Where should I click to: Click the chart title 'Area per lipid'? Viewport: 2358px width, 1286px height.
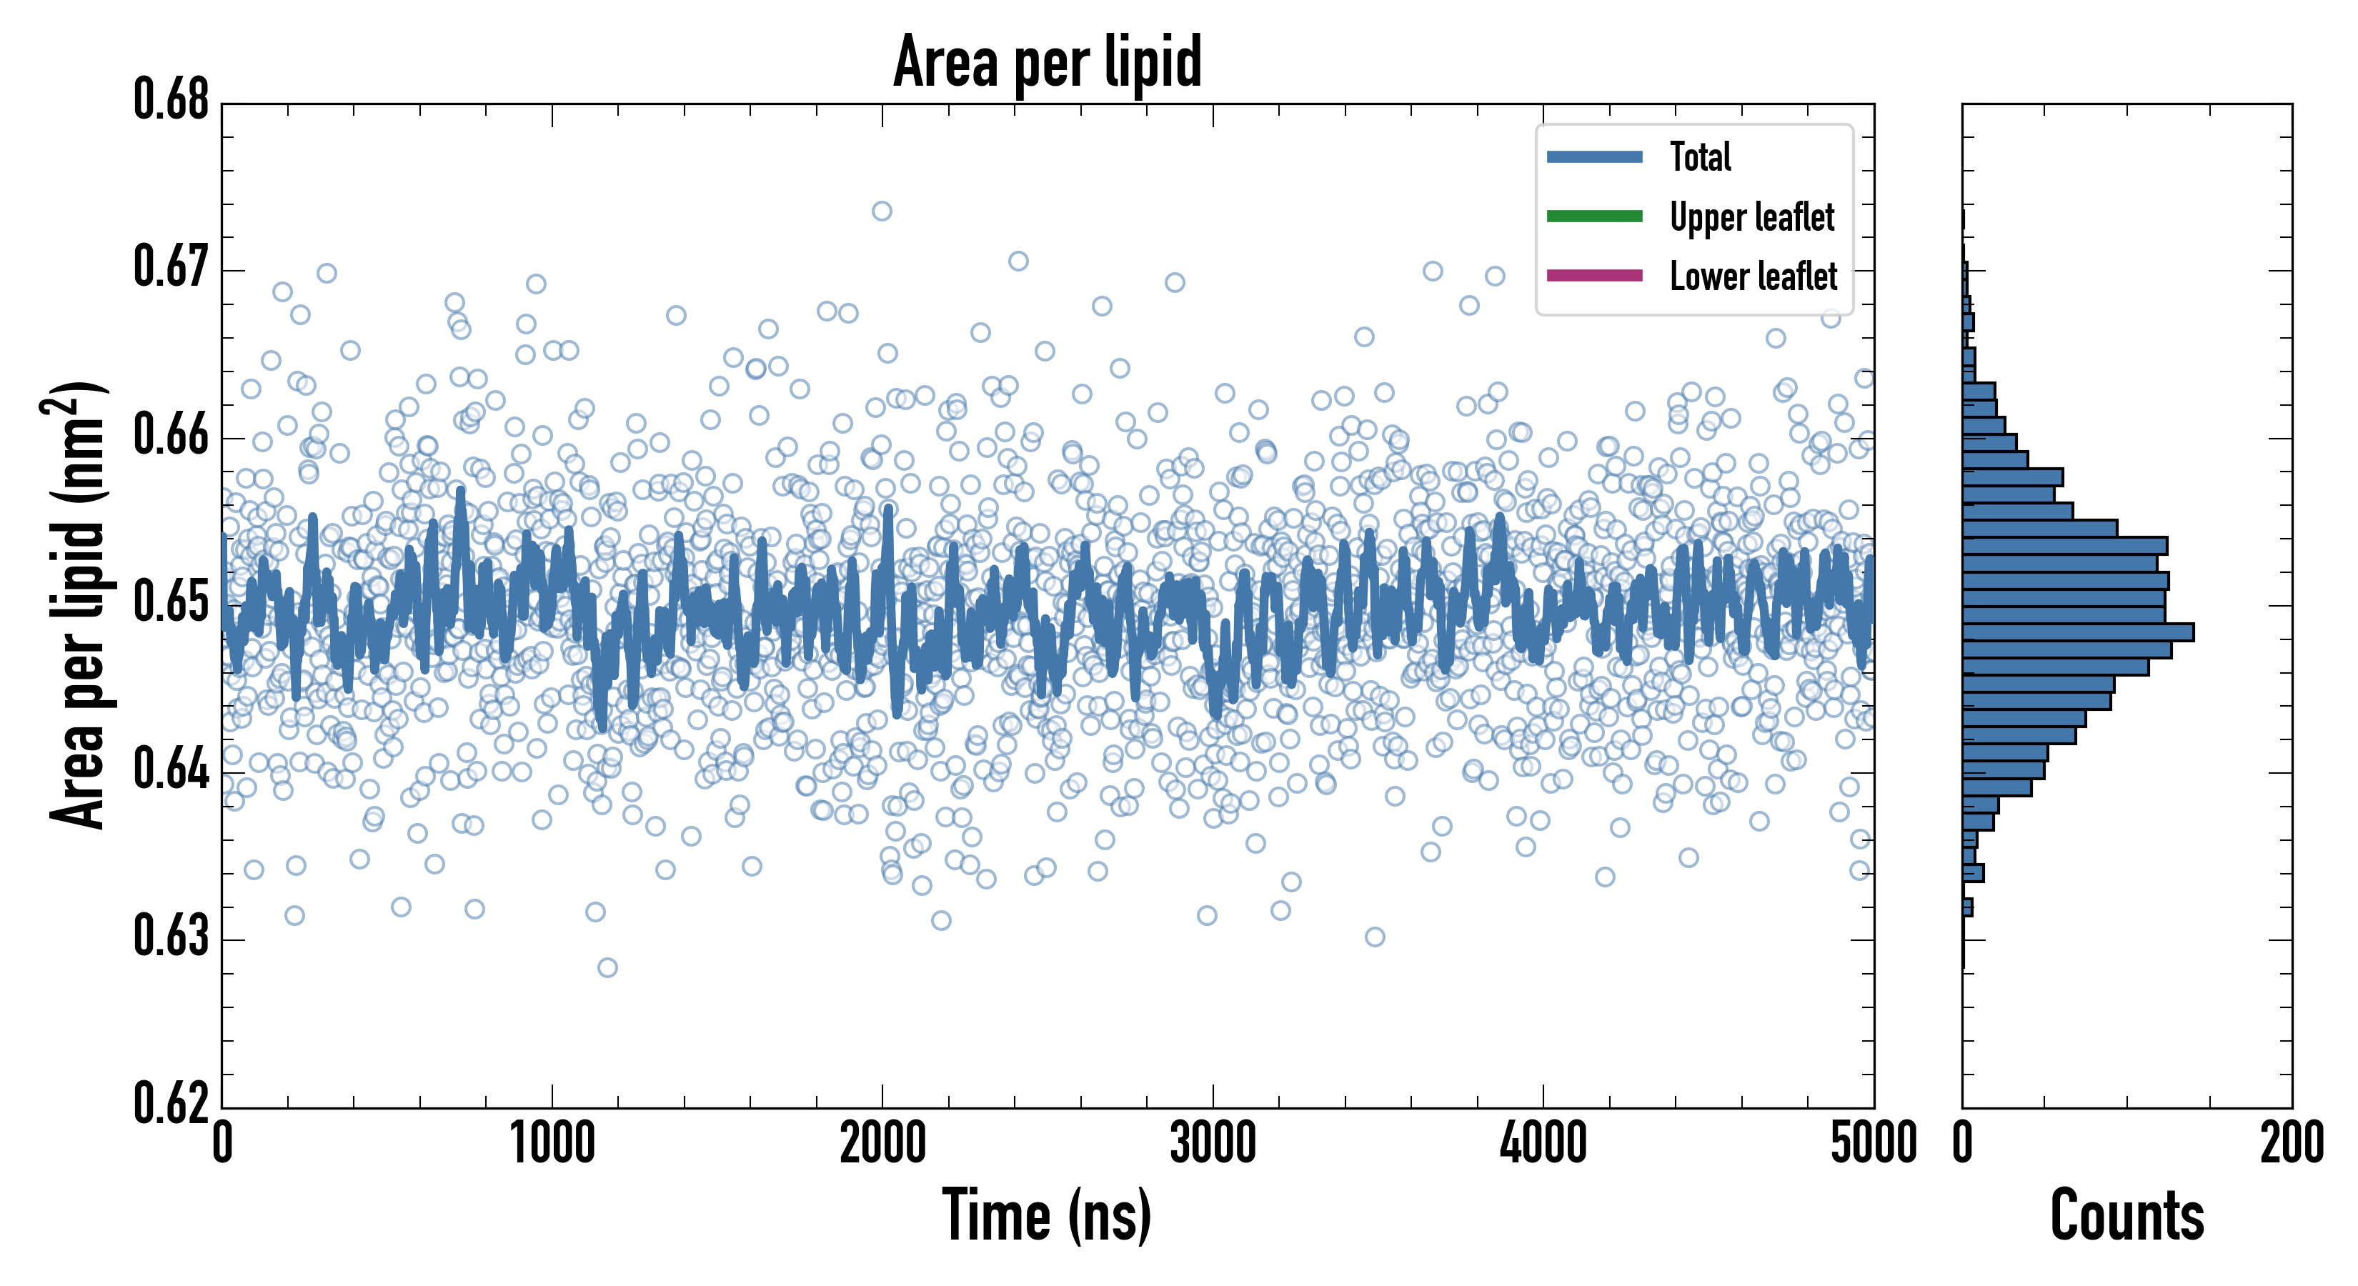[x=1048, y=61]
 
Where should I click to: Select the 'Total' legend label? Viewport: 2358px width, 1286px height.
[x=1700, y=156]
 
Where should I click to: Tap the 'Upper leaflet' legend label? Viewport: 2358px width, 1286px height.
[x=1751, y=217]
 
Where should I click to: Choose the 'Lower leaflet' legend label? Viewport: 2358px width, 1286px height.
[x=1753, y=276]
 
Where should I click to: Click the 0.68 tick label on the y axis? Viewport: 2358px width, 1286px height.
[x=171, y=100]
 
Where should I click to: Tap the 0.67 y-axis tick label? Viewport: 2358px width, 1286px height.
[x=171, y=267]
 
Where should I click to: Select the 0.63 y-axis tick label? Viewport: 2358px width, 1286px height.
[x=171, y=937]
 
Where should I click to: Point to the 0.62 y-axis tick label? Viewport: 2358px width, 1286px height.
[x=171, y=1103]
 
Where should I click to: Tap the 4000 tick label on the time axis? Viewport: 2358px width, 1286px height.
[x=1543, y=1144]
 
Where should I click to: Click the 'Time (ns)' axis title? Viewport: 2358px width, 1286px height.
[x=1048, y=1215]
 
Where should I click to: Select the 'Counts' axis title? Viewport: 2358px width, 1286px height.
[x=2126, y=1215]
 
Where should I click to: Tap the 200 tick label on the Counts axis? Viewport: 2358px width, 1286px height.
[x=2291, y=1144]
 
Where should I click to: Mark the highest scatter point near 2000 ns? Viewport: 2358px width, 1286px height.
[x=882, y=211]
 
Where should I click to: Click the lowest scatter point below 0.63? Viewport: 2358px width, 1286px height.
[x=607, y=967]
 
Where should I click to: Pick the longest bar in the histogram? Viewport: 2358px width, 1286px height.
[x=2078, y=632]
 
